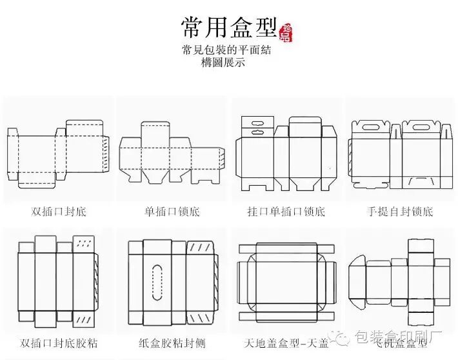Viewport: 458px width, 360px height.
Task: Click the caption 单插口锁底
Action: point(172,212)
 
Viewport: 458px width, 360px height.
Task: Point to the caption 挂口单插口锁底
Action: point(286,212)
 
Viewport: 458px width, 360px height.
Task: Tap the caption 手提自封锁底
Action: point(400,212)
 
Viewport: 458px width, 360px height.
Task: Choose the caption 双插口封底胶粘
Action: point(58,342)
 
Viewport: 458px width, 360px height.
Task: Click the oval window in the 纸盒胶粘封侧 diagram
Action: point(156,282)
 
